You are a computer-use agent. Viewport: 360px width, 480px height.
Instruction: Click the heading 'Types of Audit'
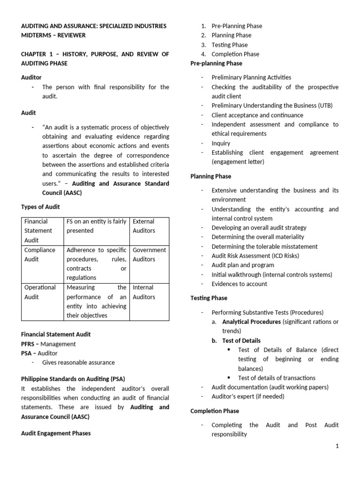coord(41,207)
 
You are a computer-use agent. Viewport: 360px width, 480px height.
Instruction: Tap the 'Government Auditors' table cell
coord(149,255)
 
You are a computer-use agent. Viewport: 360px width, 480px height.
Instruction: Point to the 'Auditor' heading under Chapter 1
coord(31,77)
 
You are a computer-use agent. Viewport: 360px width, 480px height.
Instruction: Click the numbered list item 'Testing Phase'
coord(230,45)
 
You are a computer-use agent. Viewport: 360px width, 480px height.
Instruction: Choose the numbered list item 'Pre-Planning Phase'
coord(237,26)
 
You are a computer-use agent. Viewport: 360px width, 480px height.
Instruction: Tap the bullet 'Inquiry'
coord(221,143)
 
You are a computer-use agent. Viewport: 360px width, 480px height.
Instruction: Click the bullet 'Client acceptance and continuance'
coord(257,115)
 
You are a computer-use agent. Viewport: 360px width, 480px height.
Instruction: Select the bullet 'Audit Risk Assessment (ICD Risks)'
coord(255,255)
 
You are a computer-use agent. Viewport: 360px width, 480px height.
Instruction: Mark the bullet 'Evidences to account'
coord(239,284)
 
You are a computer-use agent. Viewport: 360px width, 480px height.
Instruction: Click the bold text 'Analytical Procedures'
coord(251,322)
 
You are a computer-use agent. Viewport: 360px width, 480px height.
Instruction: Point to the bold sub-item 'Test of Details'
coord(241,340)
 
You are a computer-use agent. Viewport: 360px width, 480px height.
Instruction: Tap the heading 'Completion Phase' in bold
coord(215,411)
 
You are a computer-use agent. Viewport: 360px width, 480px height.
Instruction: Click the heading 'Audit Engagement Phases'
coord(56,433)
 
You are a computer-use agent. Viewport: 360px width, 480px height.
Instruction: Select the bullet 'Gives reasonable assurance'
coord(78,362)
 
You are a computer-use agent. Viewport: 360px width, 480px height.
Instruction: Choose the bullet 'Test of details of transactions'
coord(277,378)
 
